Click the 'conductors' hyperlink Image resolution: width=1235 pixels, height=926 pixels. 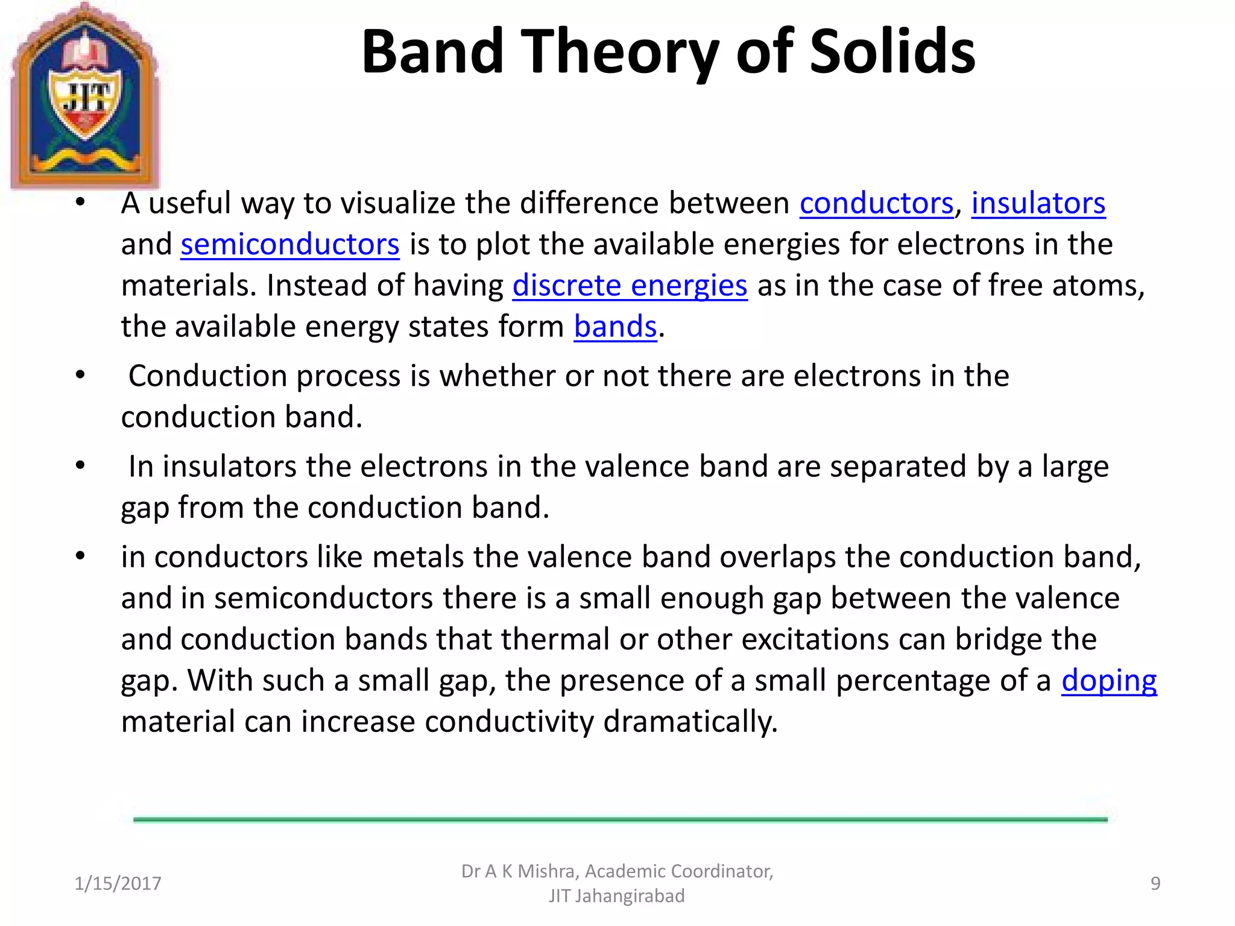(876, 203)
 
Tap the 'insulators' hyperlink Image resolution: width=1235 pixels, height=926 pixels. (1038, 203)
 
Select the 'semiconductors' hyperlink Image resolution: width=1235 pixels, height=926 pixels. (289, 245)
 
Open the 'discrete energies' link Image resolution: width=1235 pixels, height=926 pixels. (630, 286)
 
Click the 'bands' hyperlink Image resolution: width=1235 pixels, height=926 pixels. (614, 327)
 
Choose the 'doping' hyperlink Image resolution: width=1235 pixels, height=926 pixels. (1108, 681)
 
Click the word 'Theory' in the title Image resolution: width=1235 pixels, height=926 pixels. (619, 53)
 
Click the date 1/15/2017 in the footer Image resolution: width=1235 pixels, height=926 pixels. (118, 883)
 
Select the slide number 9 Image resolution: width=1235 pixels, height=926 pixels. (1155, 883)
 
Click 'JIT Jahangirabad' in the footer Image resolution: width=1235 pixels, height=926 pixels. (616, 896)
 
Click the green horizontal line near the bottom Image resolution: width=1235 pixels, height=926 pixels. (620, 819)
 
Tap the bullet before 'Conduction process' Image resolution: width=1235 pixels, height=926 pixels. (80, 376)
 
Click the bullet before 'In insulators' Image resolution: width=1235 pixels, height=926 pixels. (80, 466)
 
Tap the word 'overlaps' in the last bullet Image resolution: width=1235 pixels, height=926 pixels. (777, 557)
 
